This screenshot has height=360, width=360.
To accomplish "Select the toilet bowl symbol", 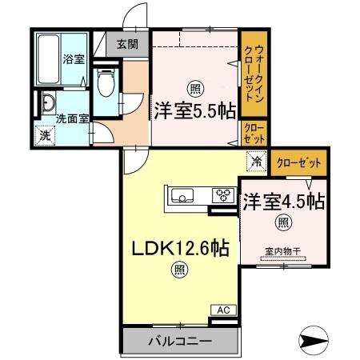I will coord(103,82).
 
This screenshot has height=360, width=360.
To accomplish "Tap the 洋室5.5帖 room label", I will coord(194,112).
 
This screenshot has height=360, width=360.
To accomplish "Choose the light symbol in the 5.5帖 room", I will coord(194,88).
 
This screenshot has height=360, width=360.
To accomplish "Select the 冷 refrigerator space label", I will coord(256,162).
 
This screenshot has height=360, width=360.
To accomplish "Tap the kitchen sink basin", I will coord(181,195).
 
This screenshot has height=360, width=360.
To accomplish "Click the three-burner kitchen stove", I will coord(221,195).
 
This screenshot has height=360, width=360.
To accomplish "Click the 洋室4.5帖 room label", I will coord(284,201).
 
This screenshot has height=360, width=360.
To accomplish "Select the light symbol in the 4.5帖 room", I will coord(282,222).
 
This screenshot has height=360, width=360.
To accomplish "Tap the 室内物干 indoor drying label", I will coord(282,251).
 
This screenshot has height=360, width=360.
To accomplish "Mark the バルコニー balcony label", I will coord(179,342).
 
